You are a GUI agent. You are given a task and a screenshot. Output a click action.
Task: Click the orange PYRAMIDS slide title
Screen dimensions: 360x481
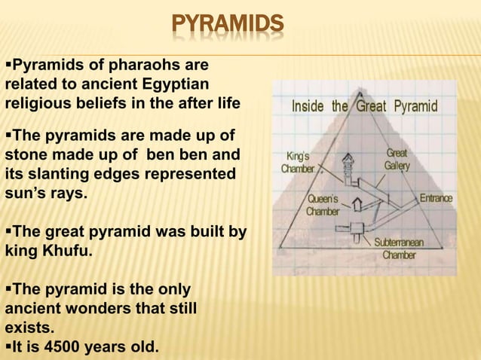pyautogui.click(x=227, y=25)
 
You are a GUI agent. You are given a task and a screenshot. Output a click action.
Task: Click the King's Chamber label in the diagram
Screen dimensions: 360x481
pyautogui.click(x=298, y=162)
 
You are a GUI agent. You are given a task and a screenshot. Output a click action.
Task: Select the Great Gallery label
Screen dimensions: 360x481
pyautogui.click(x=397, y=158)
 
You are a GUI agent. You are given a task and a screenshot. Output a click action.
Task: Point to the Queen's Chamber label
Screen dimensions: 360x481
pyautogui.click(x=322, y=205)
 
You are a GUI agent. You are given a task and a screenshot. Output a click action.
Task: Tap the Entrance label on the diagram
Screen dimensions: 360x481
pyautogui.click(x=436, y=199)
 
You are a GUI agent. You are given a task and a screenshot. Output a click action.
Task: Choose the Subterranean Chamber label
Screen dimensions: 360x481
pyautogui.click(x=400, y=249)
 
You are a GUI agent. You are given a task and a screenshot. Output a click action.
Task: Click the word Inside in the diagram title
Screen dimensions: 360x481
pyautogui.click(x=309, y=106)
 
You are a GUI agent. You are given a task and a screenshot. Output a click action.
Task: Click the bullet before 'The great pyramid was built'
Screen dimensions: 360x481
pyautogui.click(x=8, y=231)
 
